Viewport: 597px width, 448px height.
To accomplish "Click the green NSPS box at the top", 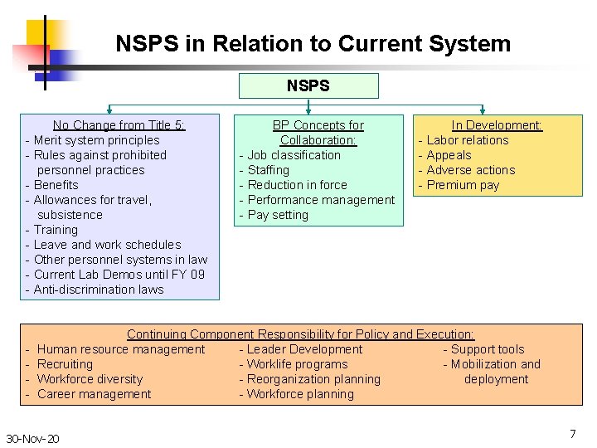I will tap(308, 85).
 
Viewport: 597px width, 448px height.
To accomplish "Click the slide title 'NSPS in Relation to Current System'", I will tap(313, 43).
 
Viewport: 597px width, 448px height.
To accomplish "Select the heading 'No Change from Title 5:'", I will tap(119, 125).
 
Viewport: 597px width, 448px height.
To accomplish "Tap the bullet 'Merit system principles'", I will tap(96, 140).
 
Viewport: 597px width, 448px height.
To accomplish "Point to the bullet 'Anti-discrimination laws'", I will tap(99, 290).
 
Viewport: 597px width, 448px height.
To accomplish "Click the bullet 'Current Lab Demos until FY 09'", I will tap(119, 275).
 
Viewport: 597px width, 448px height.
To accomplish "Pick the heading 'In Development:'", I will tap(497, 125).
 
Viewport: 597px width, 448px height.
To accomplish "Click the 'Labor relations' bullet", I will tap(467, 140).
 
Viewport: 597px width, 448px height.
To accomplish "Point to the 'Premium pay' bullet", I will tap(463, 185).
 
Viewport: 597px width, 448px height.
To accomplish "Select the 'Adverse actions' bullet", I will tap(470, 170).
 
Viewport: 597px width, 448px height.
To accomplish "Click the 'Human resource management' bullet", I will tap(120, 349).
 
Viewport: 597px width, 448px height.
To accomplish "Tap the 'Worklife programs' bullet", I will tap(297, 364).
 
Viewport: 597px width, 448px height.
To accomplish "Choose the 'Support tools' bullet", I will tap(488, 349).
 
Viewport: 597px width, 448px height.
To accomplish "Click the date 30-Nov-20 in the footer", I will tap(32, 438).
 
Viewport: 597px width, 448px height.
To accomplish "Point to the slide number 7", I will tap(572, 434).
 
